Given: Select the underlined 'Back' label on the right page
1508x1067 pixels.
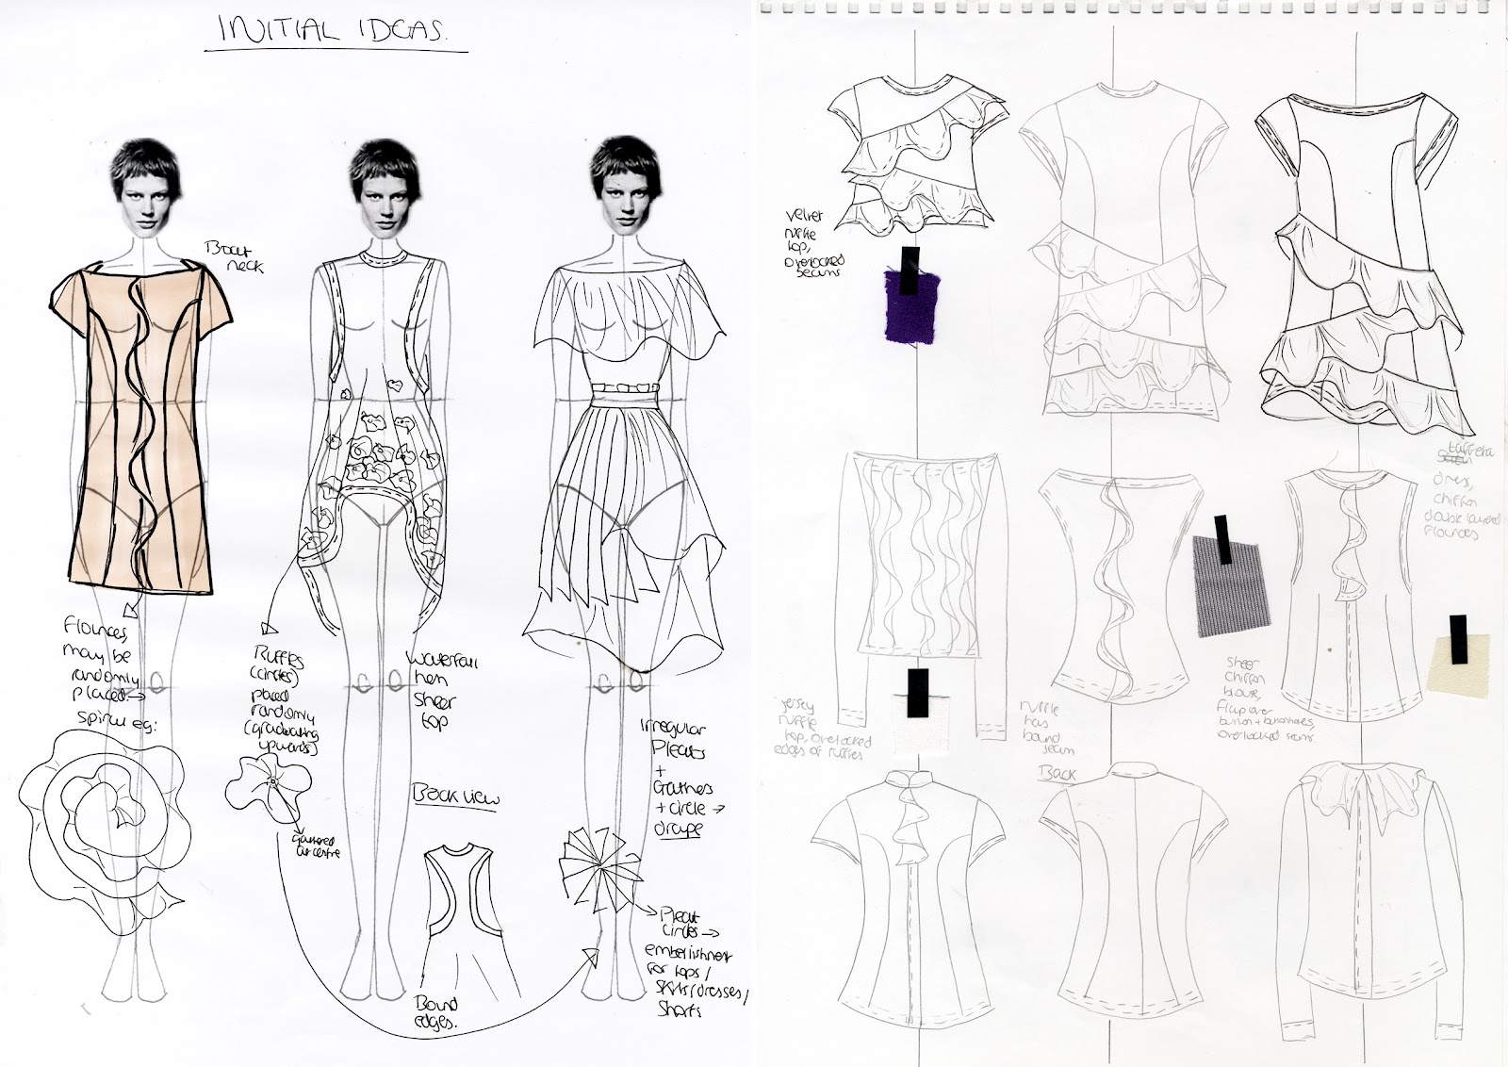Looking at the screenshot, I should [1052, 775].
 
